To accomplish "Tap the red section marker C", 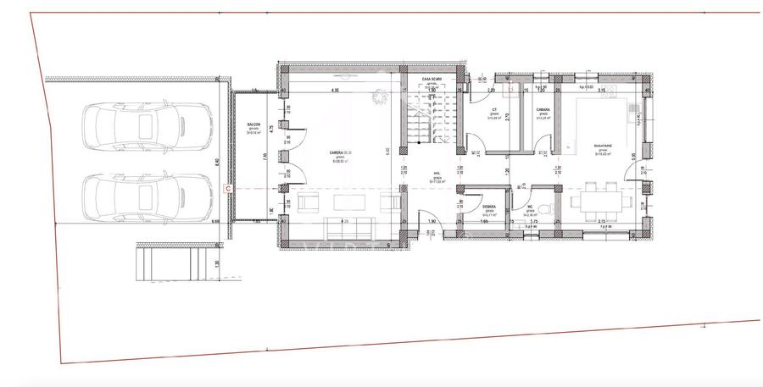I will tap(227, 187).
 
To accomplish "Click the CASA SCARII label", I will tap(432, 79).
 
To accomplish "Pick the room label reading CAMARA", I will tap(543, 111).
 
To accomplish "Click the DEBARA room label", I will tap(488, 207).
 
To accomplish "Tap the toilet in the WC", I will tap(549, 207).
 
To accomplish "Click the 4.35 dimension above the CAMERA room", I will tap(335, 90).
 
